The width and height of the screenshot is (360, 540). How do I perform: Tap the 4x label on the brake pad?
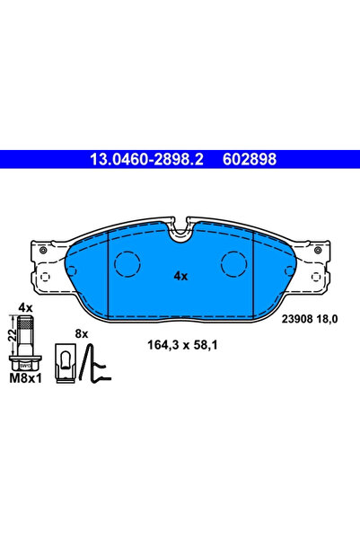point(180,276)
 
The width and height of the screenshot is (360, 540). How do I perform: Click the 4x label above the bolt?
point(25,308)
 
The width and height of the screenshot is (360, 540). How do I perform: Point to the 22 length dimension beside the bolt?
point(12,334)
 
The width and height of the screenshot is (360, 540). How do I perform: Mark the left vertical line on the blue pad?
point(108,270)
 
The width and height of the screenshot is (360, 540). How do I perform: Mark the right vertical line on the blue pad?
point(254,270)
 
